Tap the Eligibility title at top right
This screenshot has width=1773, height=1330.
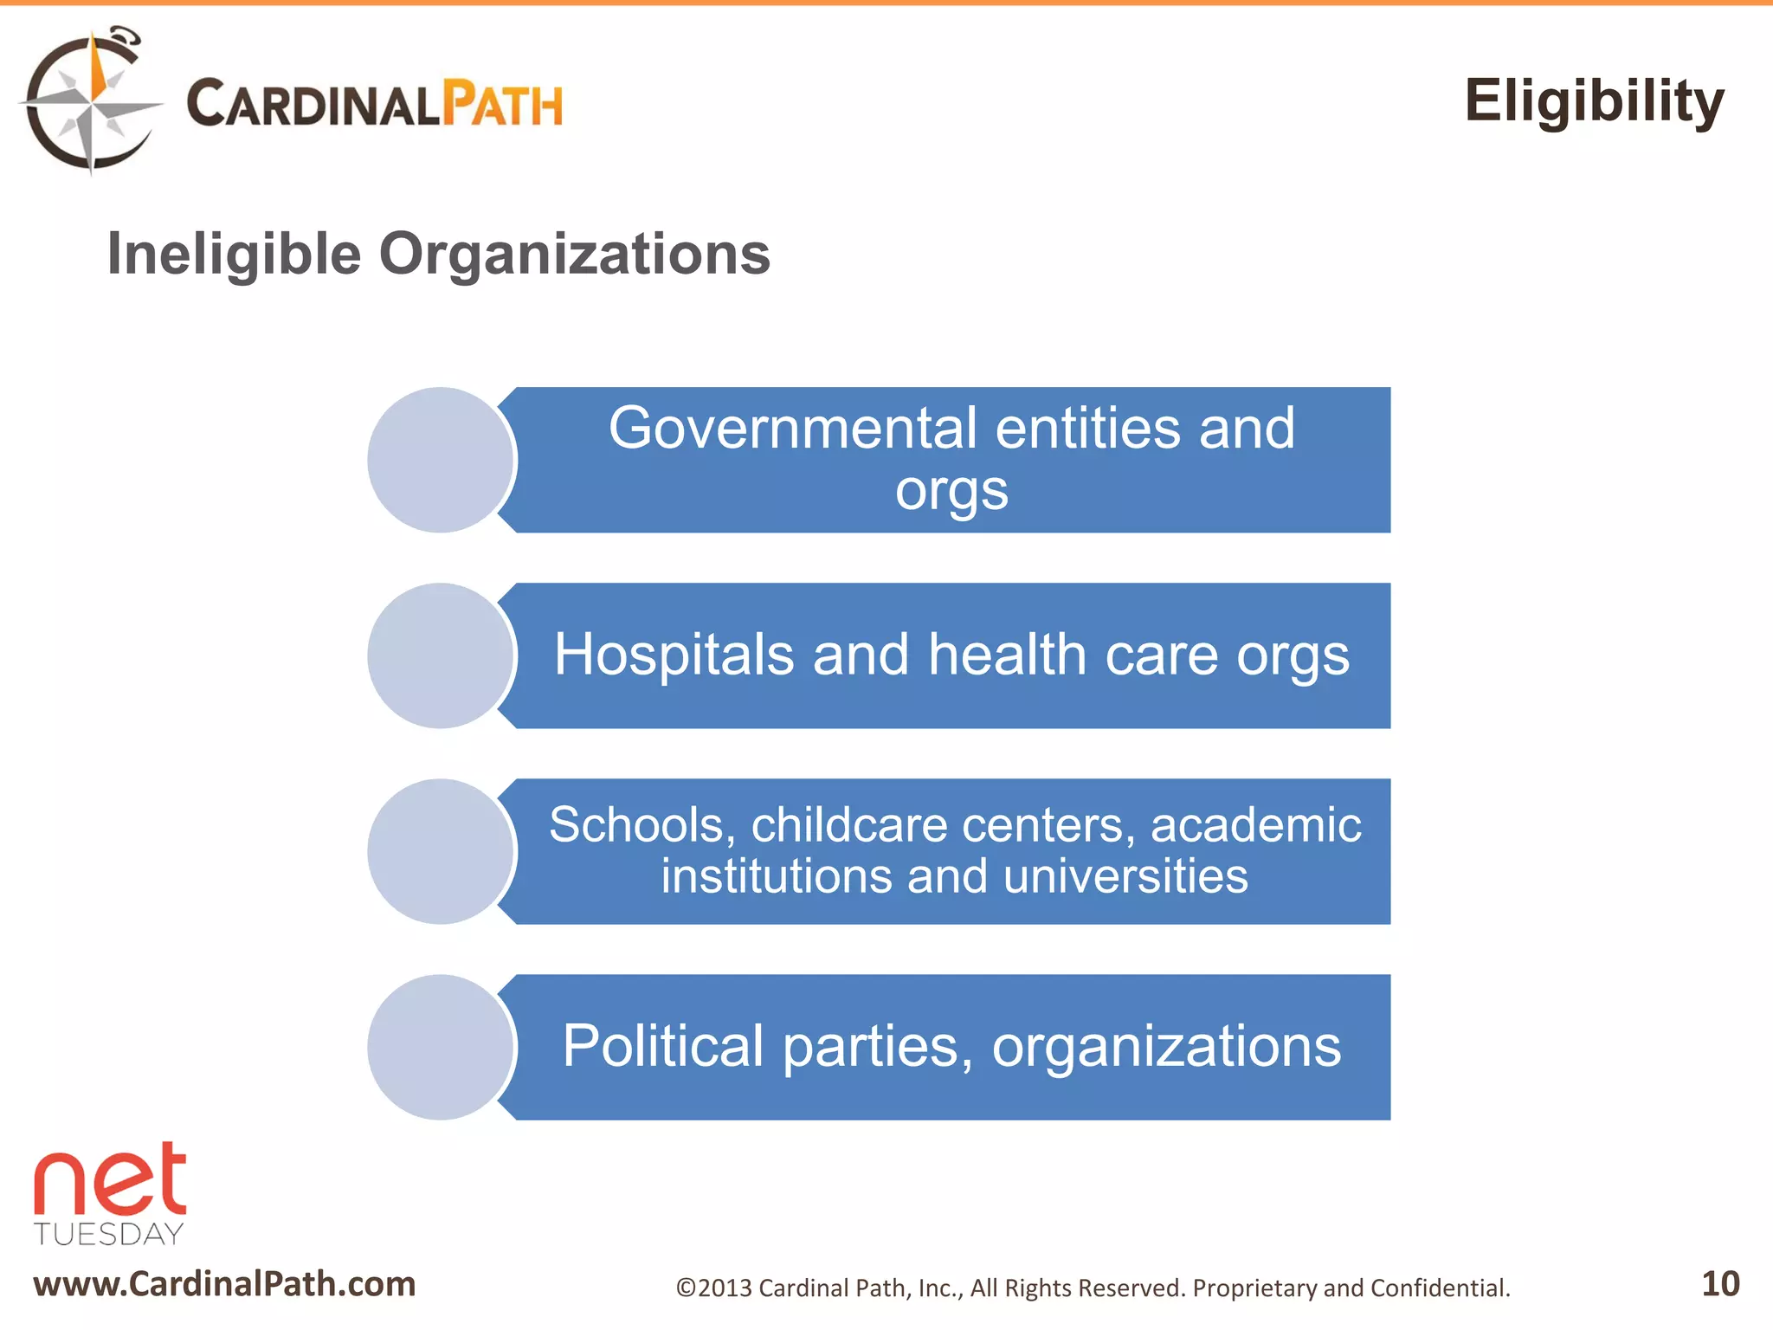coord(1594,102)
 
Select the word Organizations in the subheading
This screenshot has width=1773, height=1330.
coord(574,255)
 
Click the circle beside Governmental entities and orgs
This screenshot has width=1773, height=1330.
coord(441,460)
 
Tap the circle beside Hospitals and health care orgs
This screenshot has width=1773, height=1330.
coord(441,655)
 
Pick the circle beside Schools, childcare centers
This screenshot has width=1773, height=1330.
coord(441,851)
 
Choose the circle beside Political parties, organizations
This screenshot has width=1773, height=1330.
coord(441,1047)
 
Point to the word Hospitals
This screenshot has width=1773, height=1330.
coord(674,655)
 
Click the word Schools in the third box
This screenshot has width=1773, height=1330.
coord(636,825)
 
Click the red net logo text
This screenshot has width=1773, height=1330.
coord(110,1182)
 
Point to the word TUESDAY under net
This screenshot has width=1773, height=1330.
coord(109,1234)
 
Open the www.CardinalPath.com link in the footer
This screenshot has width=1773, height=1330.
coord(224,1284)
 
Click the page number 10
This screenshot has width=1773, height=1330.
coord(1720,1284)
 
